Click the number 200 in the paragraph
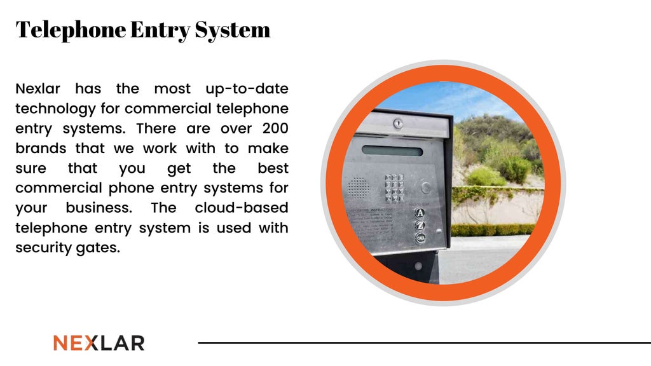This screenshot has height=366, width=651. pos(275,128)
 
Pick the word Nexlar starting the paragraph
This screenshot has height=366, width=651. pos(38,88)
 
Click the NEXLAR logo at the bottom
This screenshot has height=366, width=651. pos(99,343)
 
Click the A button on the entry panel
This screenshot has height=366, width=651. pos(420,213)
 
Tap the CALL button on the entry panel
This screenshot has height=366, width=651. pos(420,238)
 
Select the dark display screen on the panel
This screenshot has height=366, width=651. pos(392,151)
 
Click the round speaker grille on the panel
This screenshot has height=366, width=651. pos(359,187)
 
